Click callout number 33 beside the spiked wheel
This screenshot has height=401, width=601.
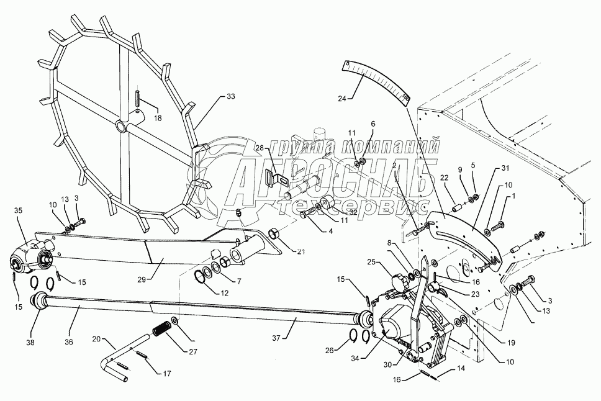[231, 97]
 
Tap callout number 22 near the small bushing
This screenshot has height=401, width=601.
[445, 178]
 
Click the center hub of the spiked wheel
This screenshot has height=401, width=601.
[120, 125]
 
